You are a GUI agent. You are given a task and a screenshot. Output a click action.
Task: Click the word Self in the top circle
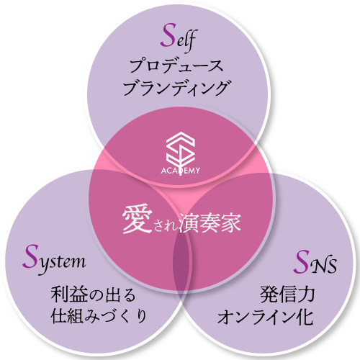179,38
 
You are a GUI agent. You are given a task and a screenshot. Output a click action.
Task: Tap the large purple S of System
30,256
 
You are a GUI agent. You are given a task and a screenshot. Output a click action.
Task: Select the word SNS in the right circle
315,261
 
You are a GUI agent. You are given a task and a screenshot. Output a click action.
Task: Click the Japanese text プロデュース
176,66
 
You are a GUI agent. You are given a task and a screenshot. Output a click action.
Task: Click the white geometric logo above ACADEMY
180,150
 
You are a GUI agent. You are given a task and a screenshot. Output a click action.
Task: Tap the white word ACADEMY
180,171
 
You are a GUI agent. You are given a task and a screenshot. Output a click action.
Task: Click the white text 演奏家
210,222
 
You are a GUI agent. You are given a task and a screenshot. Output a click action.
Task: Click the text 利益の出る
93,294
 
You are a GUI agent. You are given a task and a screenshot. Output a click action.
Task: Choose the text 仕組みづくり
99,316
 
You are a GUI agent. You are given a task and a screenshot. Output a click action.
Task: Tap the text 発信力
287,294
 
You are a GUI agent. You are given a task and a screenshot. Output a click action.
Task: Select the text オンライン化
265,317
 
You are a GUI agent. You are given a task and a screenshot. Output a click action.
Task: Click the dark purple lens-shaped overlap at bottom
181,265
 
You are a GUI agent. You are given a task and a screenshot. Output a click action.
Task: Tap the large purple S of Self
168,35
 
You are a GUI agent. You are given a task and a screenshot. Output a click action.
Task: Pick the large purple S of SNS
302,262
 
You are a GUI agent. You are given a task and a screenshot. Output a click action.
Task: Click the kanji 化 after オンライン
305,317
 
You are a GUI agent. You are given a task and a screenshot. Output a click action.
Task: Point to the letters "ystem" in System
62,263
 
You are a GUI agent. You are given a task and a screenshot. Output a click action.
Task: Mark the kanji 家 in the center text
231,222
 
